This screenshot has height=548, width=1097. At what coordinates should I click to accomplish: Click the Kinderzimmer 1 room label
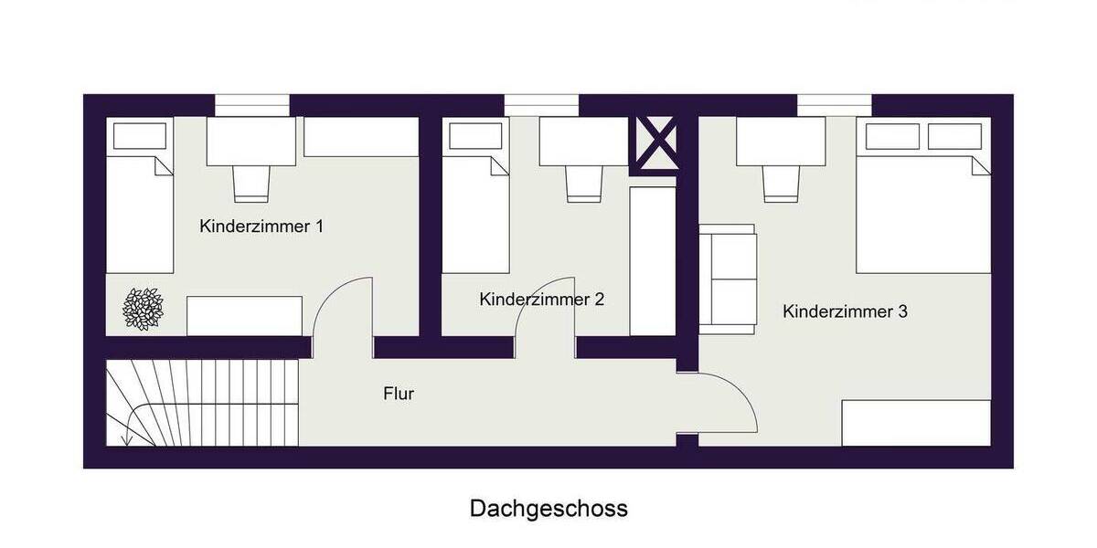[261, 227]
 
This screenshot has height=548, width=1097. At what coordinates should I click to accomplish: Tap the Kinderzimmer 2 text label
[541, 299]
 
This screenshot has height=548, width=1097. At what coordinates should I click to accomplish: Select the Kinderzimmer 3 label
[845, 311]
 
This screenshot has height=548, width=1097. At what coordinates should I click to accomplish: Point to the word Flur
[399, 395]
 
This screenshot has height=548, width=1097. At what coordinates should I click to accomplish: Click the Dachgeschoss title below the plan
[548, 509]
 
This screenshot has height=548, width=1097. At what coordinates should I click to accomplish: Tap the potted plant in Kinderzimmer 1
[144, 308]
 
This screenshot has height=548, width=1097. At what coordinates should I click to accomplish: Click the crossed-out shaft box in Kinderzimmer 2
[655, 144]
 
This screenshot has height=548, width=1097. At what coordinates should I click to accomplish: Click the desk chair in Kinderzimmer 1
[251, 183]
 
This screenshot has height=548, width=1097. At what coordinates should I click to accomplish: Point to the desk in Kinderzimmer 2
[583, 142]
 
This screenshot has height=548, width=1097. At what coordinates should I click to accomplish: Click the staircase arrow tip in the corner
[127, 442]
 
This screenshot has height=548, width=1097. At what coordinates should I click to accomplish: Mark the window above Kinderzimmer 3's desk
[834, 105]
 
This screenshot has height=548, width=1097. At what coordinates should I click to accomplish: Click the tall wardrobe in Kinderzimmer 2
[653, 260]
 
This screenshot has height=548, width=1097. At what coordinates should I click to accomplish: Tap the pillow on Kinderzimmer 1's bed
[140, 135]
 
